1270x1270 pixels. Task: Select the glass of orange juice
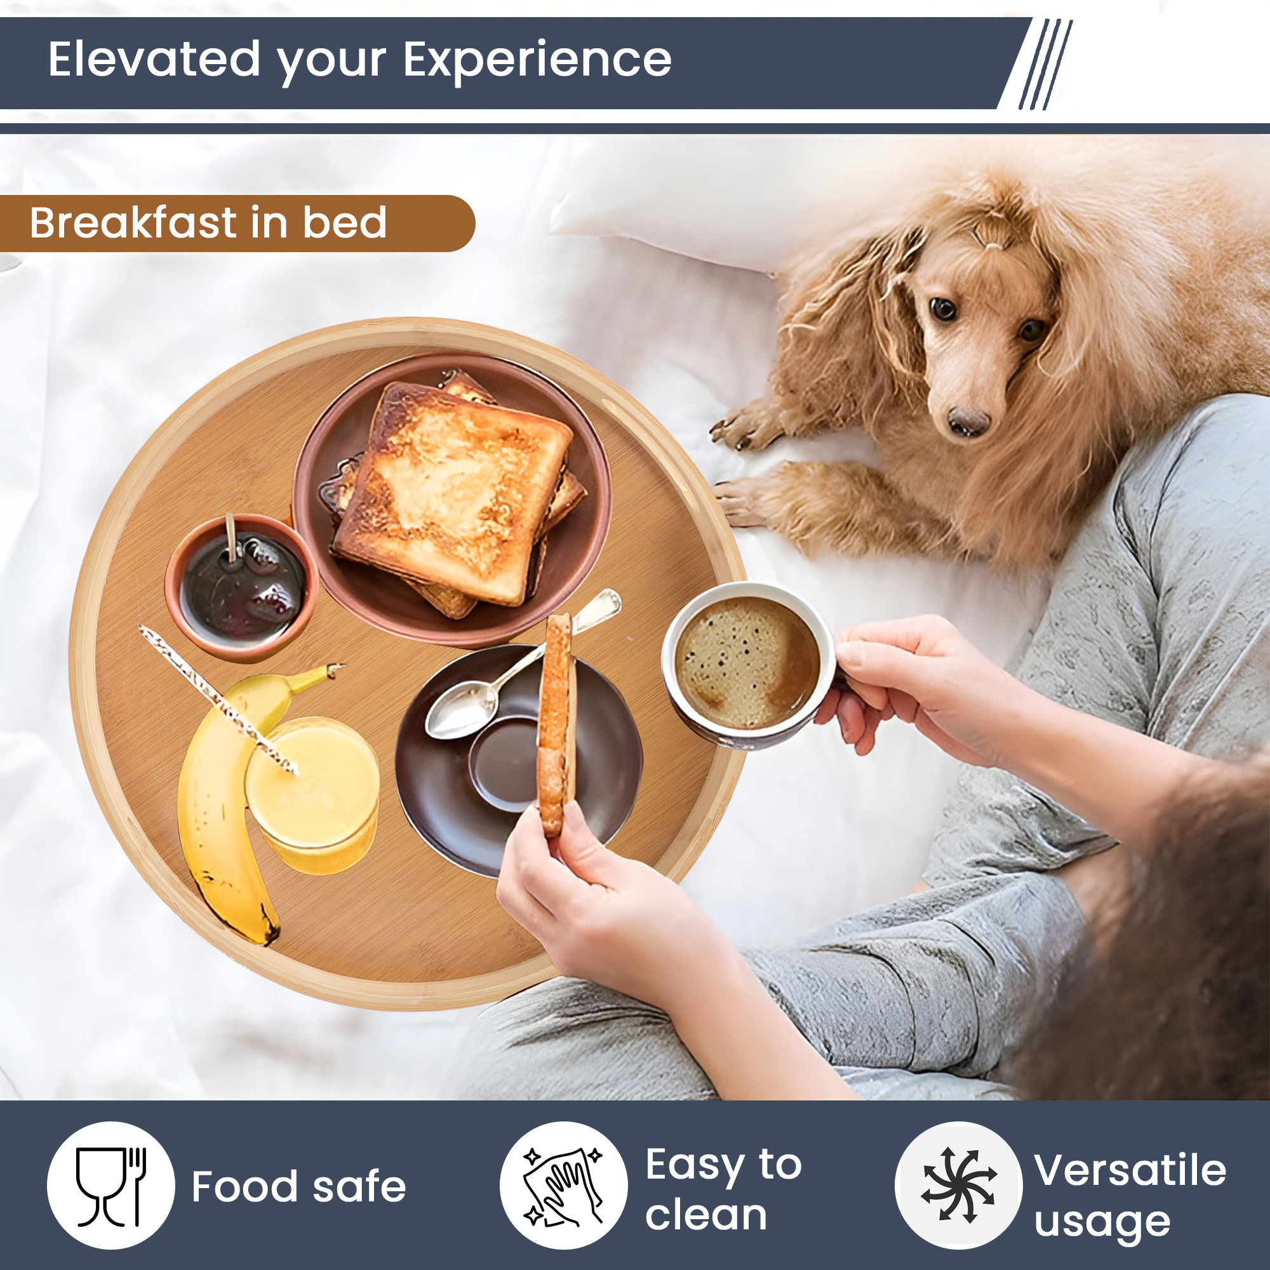(x=313, y=796)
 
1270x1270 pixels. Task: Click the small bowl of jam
(x=242, y=587)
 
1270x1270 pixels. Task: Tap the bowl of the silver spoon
(x=460, y=708)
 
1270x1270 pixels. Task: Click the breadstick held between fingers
(x=556, y=723)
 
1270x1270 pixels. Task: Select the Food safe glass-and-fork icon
(x=111, y=1187)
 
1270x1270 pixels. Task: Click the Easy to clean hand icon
(x=563, y=1187)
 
